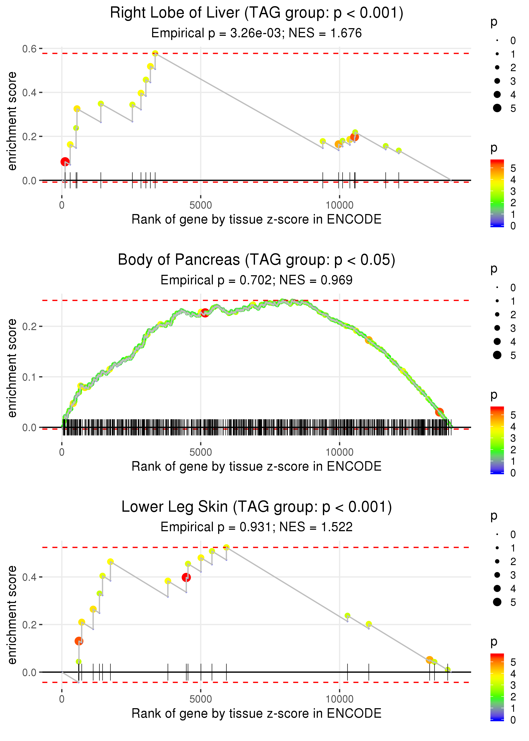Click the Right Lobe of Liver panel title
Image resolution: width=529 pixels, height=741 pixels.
[x=256, y=13]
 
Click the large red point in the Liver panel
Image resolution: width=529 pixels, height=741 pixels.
[x=65, y=162]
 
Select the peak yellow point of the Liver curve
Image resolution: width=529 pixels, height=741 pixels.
[x=155, y=53]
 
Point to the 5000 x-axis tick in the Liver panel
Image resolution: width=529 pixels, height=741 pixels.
[x=200, y=205]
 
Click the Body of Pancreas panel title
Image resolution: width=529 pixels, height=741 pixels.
[x=256, y=260]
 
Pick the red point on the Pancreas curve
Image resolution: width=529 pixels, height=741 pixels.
[x=205, y=313]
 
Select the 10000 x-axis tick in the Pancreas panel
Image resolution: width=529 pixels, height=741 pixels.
[x=339, y=452]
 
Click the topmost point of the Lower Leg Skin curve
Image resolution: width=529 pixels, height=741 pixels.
[x=226, y=547]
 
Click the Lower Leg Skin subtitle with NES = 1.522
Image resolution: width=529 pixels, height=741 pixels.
[x=256, y=527]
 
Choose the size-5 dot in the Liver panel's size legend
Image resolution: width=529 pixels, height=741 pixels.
[x=497, y=108]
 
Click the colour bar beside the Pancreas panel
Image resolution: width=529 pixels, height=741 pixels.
[x=497, y=440]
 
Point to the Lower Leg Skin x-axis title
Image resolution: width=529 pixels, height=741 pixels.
[x=256, y=713]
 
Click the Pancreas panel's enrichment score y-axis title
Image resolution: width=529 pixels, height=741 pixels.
[x=12, y=368]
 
